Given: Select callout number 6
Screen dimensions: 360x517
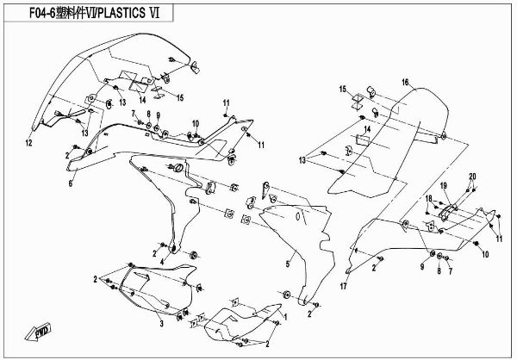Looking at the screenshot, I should click(72, 183).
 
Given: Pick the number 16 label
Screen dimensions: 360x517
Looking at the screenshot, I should click(403, 82).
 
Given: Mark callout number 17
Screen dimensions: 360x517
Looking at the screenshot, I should click(343, 287).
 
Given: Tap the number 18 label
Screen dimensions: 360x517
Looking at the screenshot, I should click(427, 200).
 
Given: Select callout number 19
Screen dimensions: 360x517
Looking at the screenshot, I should click(445, 187).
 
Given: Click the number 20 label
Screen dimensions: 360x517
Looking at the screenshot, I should click(472, 177).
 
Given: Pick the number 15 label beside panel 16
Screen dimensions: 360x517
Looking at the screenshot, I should click(341, 90).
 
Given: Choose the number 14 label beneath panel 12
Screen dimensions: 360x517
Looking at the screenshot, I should click(141, 100).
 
